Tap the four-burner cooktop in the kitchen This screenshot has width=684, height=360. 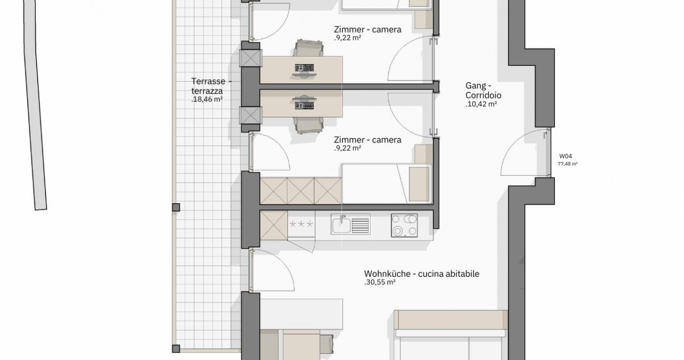(405, 225)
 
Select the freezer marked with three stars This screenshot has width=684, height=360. (301, 225)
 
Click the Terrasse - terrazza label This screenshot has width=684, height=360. (211, 86)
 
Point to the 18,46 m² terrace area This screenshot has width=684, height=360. (207, 99)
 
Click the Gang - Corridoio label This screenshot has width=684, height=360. (483, 90)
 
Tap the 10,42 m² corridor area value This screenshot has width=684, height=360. (481, 104)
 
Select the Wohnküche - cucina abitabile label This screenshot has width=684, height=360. (422, 274)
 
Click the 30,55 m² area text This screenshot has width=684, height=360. (380, 282)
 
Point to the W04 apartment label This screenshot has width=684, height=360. (566, 156)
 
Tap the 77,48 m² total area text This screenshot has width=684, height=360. (568, 164)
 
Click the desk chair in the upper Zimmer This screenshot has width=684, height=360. (308, 48)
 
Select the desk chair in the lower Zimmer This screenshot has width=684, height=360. (308, 126)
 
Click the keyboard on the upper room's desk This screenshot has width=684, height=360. (304, 67)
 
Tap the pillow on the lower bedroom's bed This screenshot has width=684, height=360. (419, 184)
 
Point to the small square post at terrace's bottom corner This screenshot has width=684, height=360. (176, 348)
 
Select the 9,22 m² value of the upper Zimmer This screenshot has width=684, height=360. (348, 38)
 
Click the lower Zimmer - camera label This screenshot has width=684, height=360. (368, 139)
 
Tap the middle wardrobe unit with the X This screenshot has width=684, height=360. (301, 191)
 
